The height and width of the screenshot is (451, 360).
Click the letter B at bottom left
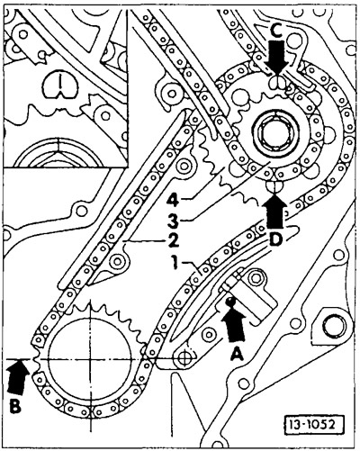coord(15,406)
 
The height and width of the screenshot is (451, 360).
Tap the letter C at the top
coord(276,31)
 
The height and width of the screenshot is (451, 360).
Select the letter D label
coord(274,239)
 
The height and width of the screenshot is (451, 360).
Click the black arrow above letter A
coord(233,325)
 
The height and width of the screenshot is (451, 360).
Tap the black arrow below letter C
coord(276,57)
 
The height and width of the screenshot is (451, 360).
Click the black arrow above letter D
coord(274,212)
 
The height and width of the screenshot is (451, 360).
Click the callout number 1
coord(174,263)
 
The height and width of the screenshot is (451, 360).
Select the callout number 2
coord(173,240)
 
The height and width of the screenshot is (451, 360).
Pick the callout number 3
coord(173,221)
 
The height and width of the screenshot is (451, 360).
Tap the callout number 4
coord(173,200)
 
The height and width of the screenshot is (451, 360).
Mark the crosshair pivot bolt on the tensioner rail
coord(184,358)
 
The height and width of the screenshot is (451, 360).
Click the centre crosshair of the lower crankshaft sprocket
coord(90,359)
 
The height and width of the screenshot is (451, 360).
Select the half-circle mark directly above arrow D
coord(274,186)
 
